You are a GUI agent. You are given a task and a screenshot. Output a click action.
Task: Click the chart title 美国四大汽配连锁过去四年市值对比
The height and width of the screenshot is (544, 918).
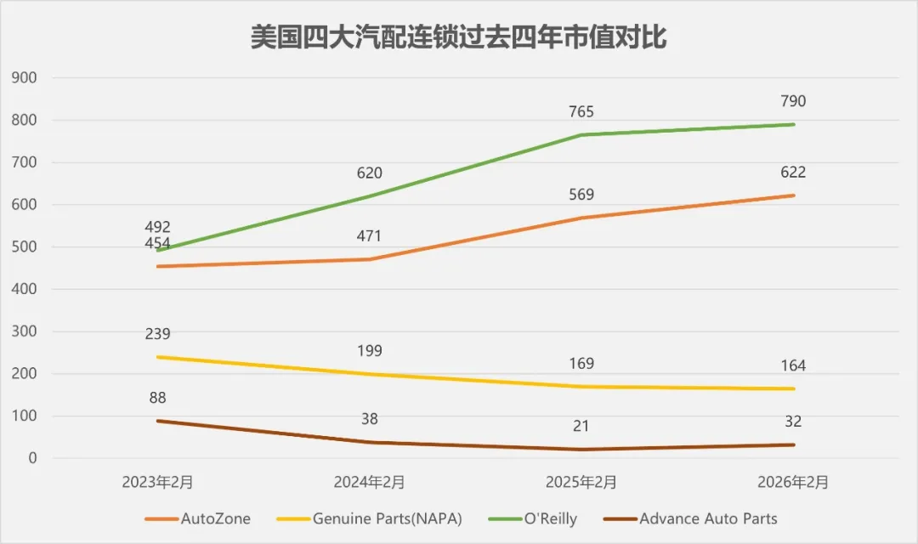coord(458,38)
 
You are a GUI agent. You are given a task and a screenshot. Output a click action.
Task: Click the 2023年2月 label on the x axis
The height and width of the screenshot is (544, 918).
coord(157,482)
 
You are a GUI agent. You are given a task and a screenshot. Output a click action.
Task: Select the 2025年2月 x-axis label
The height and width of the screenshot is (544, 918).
coord(581,482)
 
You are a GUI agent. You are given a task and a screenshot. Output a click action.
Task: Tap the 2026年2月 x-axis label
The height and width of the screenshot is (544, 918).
coord(793,482)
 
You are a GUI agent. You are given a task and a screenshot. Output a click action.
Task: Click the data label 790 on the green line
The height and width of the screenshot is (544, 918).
coord(793,102)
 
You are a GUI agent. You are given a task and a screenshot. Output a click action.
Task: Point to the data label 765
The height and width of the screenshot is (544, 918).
coord(581,112)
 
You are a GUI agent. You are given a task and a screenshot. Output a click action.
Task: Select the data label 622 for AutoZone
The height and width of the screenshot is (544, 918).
coord(793,173)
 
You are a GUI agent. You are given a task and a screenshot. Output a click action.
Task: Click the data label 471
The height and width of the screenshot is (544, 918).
coord(370,237)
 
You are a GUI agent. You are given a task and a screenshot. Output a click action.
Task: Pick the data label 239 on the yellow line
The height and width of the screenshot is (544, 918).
coord(157,334)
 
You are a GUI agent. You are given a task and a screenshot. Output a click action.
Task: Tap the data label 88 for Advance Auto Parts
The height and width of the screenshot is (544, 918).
coord(157,398)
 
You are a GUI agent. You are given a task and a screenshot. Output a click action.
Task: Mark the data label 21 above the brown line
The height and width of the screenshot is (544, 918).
coord(581,427)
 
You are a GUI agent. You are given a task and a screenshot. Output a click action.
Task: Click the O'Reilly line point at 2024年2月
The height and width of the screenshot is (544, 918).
coord(370,196)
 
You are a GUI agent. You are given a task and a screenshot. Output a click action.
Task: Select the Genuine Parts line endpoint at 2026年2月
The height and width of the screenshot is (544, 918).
coord(793,388)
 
